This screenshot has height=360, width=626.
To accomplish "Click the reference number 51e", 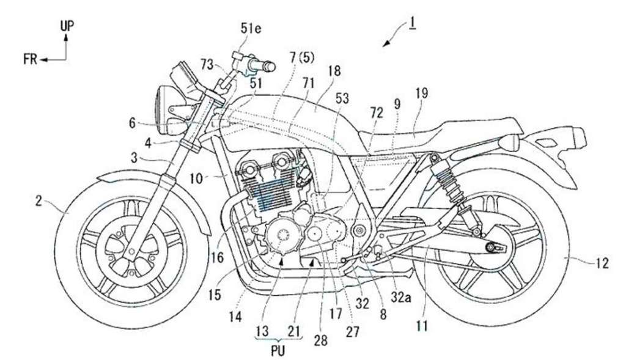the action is (x=250, y=29).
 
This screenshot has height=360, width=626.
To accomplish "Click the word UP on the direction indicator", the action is (x=67, y=26).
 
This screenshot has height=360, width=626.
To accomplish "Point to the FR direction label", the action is (x=31, y=60).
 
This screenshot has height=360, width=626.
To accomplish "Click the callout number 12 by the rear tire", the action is (x=602, y=263).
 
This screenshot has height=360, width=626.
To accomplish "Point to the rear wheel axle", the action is (x=490, y=248).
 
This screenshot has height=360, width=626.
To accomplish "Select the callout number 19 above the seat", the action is (x=421, y=94).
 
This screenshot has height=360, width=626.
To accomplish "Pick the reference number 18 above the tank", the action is (x=334, y=71).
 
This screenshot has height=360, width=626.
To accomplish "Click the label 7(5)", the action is (x=302, y=59).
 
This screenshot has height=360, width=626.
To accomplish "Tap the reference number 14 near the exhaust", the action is (x=235, y=317).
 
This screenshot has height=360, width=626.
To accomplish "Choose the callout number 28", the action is (x=320, y=340).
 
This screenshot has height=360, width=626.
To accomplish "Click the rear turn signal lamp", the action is (x=511, y=143).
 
